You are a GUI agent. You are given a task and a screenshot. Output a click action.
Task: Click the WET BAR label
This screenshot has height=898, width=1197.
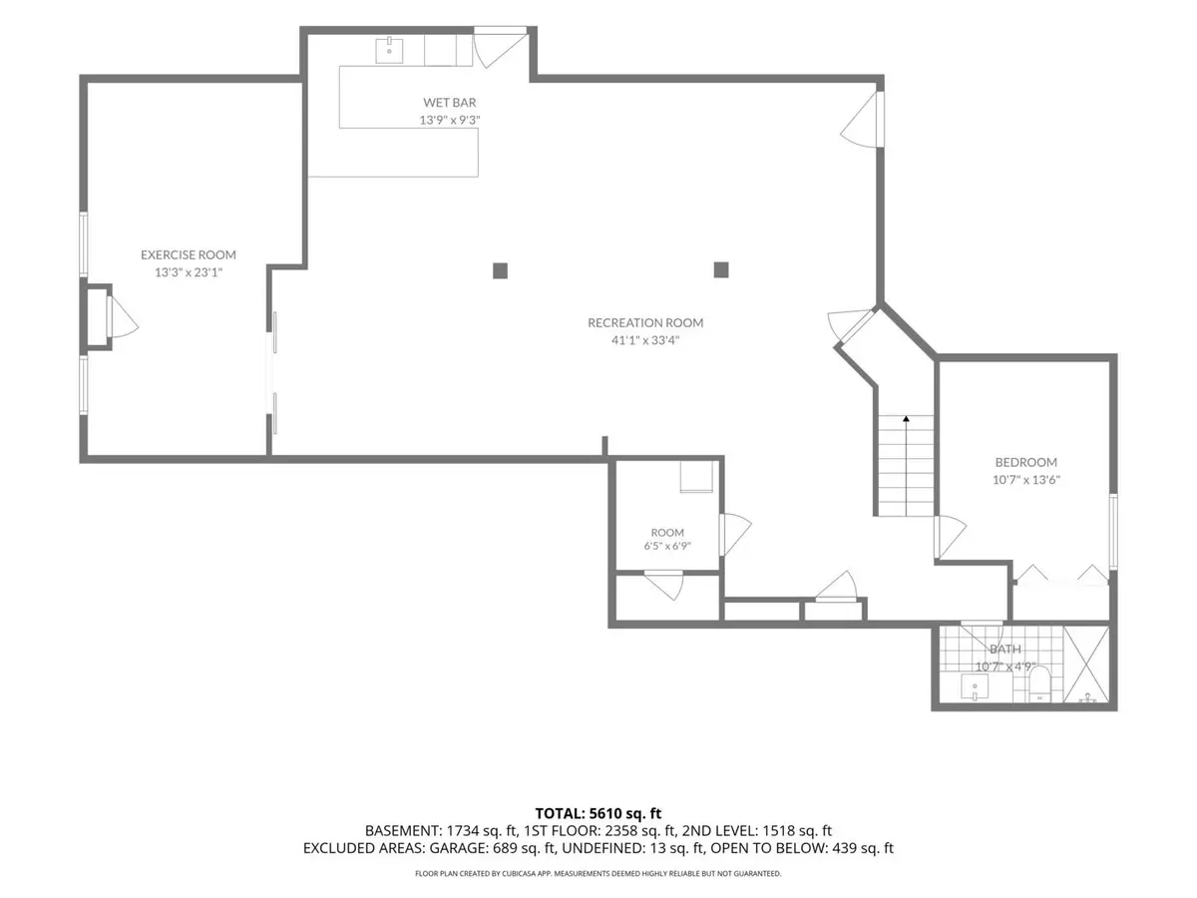(x=449, y=103)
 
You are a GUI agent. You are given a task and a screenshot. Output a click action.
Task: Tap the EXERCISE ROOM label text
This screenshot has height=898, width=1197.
(x=189, y=254)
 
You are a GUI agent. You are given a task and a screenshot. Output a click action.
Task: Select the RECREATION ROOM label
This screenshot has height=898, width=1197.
(x=645, y=322)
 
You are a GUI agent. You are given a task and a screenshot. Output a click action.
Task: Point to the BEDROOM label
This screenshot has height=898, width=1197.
(x=1025, y=462)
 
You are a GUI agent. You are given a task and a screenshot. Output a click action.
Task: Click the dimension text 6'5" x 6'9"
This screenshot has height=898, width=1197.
(x=667, y=546)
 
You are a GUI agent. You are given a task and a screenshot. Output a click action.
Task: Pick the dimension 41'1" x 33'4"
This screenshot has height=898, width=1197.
(x=645, y=340)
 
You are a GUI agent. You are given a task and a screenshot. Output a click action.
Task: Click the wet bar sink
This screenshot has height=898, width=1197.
(x=389, y=50)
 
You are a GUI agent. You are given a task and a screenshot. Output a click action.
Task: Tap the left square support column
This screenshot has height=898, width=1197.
(x=500, y=270)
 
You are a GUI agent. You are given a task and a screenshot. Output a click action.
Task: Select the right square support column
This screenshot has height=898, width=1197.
(x=721, y=269)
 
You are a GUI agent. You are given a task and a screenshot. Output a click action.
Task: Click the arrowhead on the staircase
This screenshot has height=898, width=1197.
(x=906, y=419)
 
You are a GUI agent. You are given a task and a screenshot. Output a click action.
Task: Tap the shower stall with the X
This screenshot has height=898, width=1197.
(x=1085, y=665)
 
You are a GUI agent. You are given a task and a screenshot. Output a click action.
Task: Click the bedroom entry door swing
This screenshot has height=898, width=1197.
(x=950, y=537)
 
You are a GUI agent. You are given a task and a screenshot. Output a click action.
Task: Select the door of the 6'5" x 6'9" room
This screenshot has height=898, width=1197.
(x=735, y=535)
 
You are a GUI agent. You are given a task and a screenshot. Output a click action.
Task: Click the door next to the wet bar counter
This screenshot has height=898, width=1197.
(x=500, y=47)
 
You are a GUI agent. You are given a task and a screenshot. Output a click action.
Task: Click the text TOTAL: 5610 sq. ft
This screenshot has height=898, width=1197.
(x=598, y=813)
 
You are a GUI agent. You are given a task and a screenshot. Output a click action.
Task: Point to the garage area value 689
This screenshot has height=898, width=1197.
(x=504, y=848)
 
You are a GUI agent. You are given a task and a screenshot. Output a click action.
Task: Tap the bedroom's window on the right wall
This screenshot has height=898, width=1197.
(x=1113, y=532)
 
